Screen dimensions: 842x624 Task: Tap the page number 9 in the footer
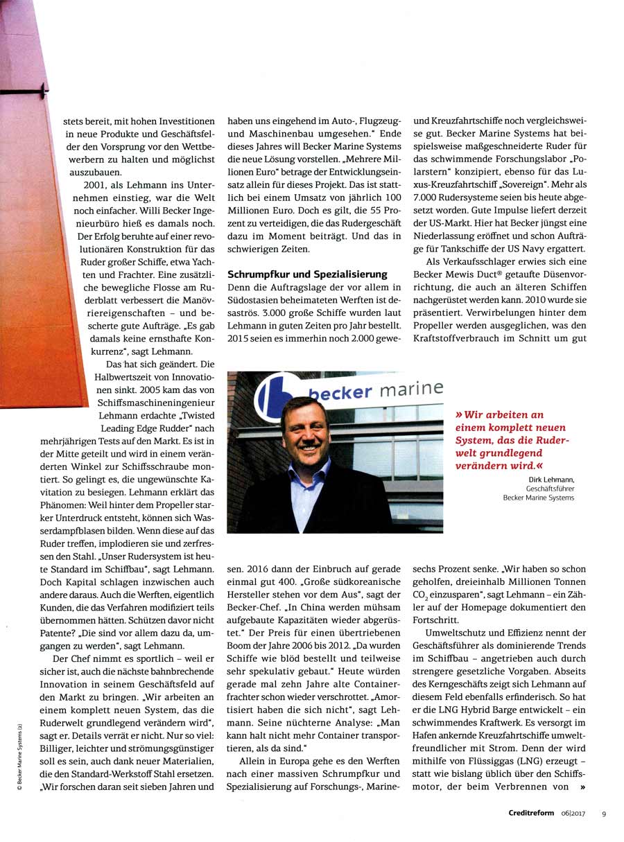(604, 814)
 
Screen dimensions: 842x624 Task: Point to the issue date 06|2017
(573, 814)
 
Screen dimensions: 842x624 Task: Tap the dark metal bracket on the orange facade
(35, 89)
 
